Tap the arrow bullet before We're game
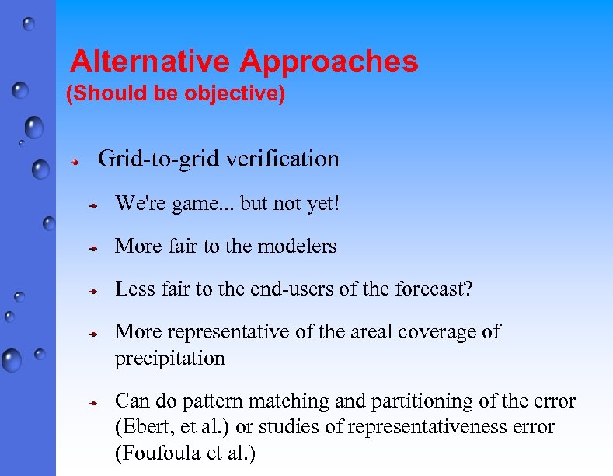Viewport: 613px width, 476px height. point(91,206)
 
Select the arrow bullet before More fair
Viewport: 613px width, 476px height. point(91,248)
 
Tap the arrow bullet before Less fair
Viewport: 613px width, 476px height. point(91,291)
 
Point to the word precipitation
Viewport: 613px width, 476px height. point(169,359)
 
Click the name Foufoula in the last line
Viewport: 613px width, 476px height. point(152,453)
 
